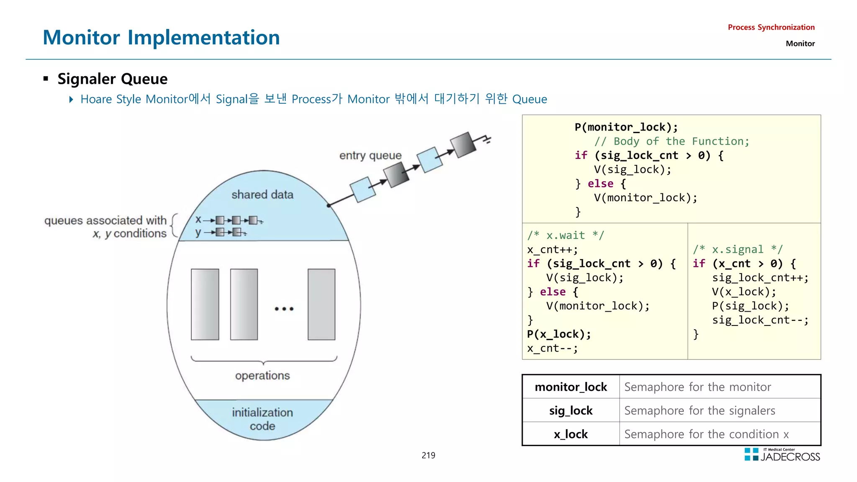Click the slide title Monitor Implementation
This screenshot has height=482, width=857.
161,37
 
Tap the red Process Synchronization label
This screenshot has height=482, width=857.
771,27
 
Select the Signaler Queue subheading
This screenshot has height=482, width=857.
112,79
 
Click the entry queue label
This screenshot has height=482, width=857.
370,155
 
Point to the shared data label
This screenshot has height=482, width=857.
262,195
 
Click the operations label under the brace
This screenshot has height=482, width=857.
262,375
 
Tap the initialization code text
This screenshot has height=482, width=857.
262,419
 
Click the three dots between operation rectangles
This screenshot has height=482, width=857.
284,309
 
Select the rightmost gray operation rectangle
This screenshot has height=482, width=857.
321,304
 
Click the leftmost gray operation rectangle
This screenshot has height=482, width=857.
205,304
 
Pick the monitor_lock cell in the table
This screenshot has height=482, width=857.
571,387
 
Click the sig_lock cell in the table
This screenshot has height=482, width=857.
571,410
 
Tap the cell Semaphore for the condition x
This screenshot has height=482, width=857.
706,434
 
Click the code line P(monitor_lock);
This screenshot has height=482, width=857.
626,127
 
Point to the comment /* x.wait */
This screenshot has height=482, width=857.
565,235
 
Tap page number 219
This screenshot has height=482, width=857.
428,455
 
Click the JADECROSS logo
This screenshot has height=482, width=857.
782,455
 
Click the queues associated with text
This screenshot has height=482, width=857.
105,220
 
